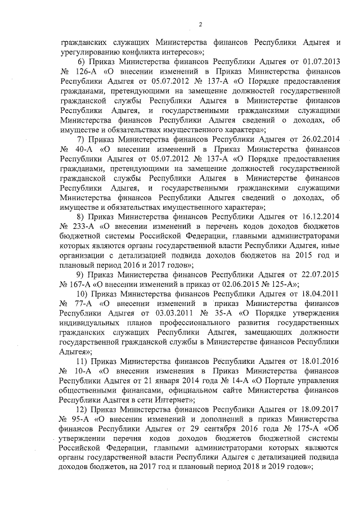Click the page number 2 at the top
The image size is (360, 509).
coord(200,23)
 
